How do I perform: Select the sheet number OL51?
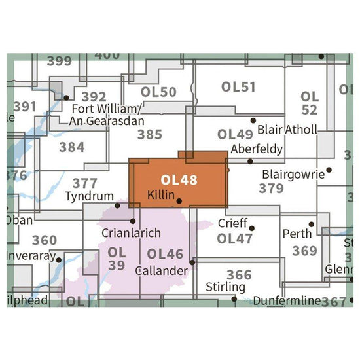pyautogui.click(x=238, y=87)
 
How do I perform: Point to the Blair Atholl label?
pyautogui.click(x=288, y=130)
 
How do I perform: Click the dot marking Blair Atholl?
pyautogui.click(x=253, y=120)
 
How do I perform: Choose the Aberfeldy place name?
pyautogui.click(x=257, y=149)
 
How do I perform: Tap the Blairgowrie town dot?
pyautogui.click(x=329, y=170)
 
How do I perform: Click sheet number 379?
pyautogui.click(x=271, y=189)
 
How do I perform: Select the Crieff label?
pyautogui.click(x=233, y=223)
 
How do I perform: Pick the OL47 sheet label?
pyautogui.click(x=235, y=239)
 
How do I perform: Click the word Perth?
pyautogui.click(x=294, y=234)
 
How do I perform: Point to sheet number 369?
pyautogui.click(x=305, y=251)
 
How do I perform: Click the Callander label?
pyautogui.click(x=162, y=270)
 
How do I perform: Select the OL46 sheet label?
pyautogui.click(x=166, y=254)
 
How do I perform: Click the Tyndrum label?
pyautogui.click(x=90, y=196)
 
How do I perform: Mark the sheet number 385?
pyautogui.click(x=150, y=135)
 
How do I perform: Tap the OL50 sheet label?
pyautogui.click(x=158, y=92)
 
